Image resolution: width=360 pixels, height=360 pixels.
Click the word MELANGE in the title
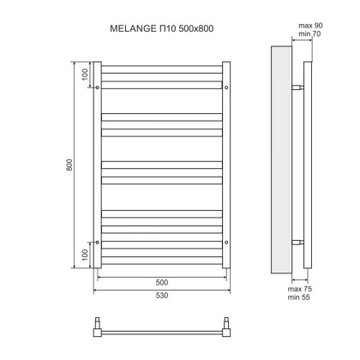pos(129,29)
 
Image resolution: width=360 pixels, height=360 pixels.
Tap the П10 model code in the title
pos(163,29)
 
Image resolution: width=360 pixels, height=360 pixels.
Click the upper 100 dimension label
pos(85,74)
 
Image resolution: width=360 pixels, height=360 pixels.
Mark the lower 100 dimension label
pos(85,255)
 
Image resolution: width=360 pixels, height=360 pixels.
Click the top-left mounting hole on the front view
pos(99,87)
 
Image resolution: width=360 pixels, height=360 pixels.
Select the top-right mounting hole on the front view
pos(225,87)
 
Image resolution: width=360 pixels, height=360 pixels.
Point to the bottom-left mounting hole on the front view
pos(99,243)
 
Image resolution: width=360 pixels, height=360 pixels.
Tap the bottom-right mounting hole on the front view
pos(225,243)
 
